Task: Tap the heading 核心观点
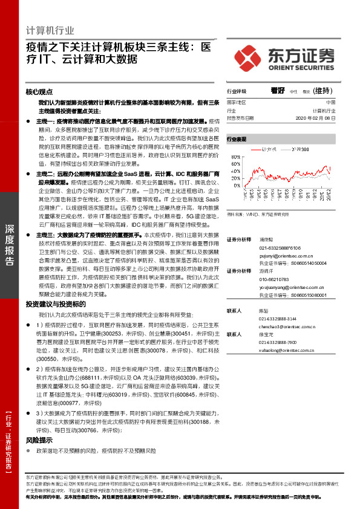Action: click(40, 92)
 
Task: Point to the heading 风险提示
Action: click(40, 441)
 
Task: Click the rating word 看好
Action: click(278, 91)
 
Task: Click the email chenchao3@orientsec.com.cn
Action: click(287, 326)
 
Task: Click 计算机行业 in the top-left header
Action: click(50, 30)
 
